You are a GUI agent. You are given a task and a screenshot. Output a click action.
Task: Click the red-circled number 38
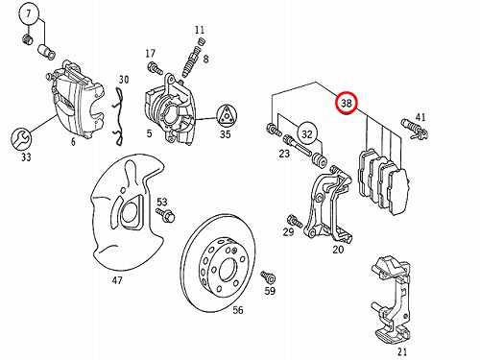point(346,103)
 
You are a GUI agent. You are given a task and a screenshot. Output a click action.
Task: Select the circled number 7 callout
point(29,13)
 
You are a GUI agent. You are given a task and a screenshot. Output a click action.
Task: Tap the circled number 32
point(307,133)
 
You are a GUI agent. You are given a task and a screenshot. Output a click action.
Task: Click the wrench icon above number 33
point(21,139)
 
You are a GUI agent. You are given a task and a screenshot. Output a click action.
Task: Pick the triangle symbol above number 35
point(227,116)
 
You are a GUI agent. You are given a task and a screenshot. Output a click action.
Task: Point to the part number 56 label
point(238,310)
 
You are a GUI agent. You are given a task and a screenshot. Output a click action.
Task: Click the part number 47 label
point(117,280)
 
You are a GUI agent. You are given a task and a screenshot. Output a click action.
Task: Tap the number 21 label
point(402,352)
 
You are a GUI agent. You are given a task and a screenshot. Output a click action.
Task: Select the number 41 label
point(420,117)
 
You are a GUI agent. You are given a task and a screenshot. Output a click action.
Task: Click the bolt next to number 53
point(166,215)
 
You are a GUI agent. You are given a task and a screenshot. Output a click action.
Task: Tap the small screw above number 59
point(268,277)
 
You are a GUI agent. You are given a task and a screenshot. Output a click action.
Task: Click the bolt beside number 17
point(155,68)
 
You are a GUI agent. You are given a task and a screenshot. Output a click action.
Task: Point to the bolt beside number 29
point(295,221)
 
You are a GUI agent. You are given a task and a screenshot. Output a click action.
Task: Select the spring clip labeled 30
point(119,116)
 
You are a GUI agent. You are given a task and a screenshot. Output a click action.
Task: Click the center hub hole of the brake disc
point(228,270)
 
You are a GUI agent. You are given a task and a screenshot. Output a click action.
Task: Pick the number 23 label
point(284,154)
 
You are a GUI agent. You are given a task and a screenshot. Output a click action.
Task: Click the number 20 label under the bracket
point(338,250)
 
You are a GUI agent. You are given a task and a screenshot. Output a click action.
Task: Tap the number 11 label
point(200,30)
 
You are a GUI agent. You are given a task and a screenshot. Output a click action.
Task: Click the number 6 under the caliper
point(73,141)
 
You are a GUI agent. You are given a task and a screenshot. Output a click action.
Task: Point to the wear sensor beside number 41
point(415,129)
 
